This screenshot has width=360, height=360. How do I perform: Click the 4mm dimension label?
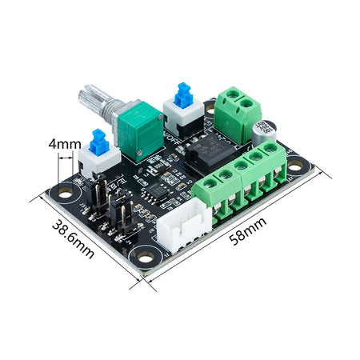pyautogui.click(x=63, y=145)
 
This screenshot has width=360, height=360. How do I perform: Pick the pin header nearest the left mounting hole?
pyautogui.click(x=98, y=195)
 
